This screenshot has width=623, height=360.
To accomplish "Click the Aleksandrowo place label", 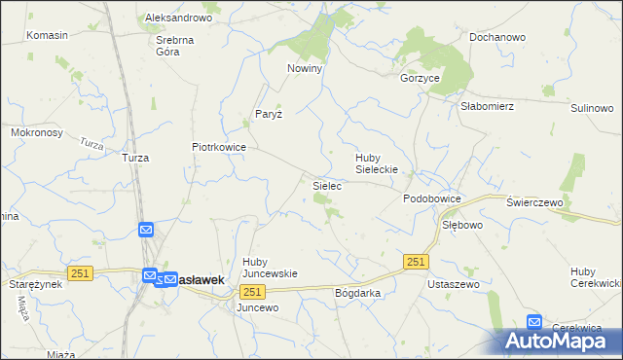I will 178,18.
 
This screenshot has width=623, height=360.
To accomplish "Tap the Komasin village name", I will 48,35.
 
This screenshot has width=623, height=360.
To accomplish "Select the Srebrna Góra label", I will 175,47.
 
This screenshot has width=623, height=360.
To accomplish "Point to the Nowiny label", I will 304,69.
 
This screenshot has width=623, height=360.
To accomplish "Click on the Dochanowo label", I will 496,37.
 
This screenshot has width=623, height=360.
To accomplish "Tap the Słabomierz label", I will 487,107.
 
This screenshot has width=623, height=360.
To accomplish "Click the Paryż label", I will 269,114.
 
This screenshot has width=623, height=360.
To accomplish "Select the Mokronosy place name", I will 36,132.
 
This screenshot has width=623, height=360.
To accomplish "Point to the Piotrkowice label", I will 218,148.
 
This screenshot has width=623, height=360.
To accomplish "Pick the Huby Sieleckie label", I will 380,162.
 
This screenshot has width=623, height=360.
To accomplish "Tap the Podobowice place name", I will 432,198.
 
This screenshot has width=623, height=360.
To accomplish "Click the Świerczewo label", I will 536,201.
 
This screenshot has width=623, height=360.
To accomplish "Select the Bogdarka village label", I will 356,292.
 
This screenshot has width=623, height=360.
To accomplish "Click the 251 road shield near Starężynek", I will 80,273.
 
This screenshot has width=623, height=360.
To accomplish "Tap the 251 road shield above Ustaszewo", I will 416,262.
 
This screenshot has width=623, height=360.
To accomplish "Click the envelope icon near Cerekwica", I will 534,322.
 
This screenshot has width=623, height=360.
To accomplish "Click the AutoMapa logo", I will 563,341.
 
